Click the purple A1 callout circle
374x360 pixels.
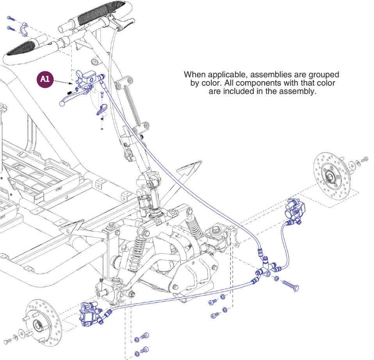pos(45,79)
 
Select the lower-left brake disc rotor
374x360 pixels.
pos(43,322)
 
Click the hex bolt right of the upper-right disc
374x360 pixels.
pos(365,159)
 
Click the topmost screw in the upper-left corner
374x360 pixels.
pos(11,18)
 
